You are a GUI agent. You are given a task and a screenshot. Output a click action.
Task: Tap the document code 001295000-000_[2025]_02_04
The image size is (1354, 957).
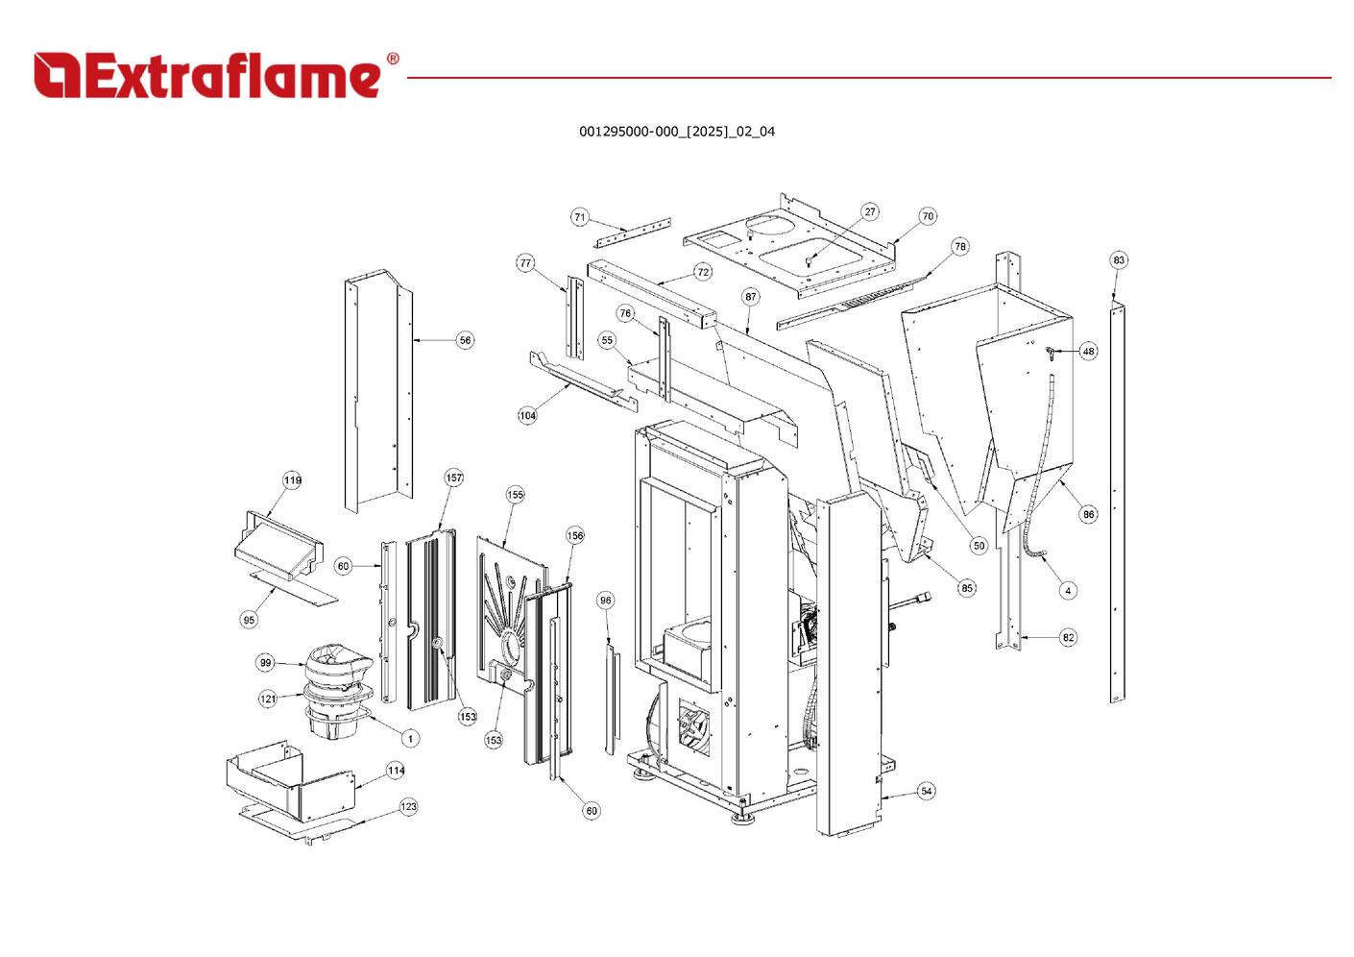click(x=676, y=132)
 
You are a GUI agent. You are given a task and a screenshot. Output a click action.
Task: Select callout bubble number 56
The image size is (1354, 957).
click(x=465, y=340)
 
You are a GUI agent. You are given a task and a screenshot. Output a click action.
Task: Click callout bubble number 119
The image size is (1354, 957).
click(x=292, y=480)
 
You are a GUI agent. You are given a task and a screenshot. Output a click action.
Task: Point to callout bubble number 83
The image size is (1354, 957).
click(x=1119, y=260)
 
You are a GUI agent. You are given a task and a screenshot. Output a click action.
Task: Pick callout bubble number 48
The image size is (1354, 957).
click(x=1088, y=352)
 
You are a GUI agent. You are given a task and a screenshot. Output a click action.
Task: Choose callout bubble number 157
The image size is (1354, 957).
click(x=453, y=478)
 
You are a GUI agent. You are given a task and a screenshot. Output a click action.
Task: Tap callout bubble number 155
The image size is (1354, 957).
click(x=516, y=495)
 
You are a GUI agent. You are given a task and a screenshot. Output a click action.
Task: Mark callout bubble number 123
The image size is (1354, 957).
click(x=409, y=807)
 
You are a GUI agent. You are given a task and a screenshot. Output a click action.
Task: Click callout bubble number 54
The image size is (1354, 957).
click(x=926, y=792)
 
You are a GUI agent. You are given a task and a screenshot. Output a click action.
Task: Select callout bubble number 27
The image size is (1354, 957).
click(x=869, y=212)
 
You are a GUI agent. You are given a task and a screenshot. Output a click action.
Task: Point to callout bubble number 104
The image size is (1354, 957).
click(x=527, y=416)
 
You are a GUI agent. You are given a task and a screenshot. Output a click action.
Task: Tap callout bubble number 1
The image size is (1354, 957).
click(x=410, y=739)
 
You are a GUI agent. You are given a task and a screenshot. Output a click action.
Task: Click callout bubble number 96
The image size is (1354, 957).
click(x=605, y=601)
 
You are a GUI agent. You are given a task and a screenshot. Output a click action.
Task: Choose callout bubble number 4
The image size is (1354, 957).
click(x=1068, y=591)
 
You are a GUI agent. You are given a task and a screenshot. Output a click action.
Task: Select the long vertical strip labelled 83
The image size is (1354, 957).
click(x=1117, y=500)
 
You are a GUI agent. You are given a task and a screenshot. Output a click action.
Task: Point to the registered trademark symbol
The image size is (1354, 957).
click(x=392, y=59)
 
